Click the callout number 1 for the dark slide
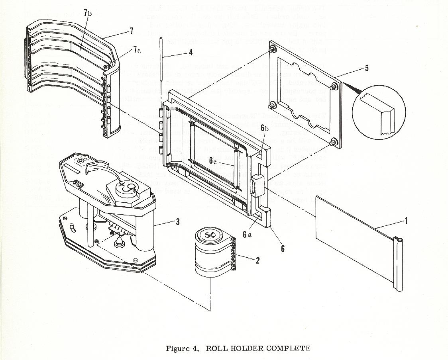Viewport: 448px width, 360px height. (x=406, y=220)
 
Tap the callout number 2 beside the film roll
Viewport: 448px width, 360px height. (x=258, y=261)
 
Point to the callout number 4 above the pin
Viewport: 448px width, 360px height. (x=191, y=52)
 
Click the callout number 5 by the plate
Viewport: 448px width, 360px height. (x=367, y=68)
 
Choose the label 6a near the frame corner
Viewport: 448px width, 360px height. (x=247, y=235)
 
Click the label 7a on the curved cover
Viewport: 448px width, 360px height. (x=137, y=49)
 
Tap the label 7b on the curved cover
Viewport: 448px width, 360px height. (x=88, y=13)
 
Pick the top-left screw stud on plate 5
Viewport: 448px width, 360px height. (x=273, y=50)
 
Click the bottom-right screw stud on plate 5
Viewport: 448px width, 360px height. (x=334, y=142)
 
